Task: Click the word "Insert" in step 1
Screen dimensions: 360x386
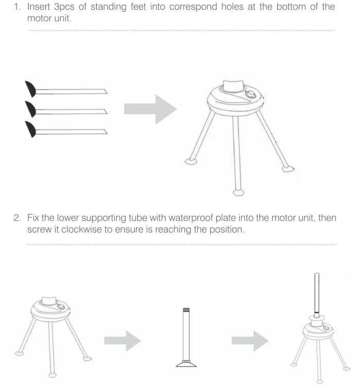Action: pyautogui.click(x=39, y=7)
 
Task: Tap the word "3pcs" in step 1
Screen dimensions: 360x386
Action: pyautogui.click(x=64, y=7)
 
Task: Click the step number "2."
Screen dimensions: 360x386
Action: pyautogui.click(x=17, y=218)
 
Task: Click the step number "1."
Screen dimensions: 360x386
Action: pyautogui.click(x=17, y=7)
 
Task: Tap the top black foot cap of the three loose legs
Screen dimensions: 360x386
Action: pyautogui.click(x=30, y=89)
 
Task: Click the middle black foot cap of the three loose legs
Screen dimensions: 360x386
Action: pyautogui.click(x=30, y=109)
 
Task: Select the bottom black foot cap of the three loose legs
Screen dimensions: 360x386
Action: pyautogui.click(x=30, y=129)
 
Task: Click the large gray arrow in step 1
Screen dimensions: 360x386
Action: pyautogui.click(x=150, y=109)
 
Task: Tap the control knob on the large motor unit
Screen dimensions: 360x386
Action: pyautogui.click(x=251, y=95)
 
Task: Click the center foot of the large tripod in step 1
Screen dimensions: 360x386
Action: pyautogui.click(x=238, y=192)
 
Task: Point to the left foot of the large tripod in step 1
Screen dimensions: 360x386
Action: pyautogui.click(x=191, y=162)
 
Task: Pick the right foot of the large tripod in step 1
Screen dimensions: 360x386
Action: pyautogui.click(x=288, y=169)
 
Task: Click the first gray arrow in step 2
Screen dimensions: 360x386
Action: pyautogui.click(x=122, y=341)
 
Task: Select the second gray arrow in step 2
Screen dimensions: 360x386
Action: pyautogui.click(x=250, y=341)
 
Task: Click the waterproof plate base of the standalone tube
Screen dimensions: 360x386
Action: pyautogui.click(x=186, y=363)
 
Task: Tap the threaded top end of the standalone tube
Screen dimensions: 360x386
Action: pyautogui.click(x=186, y=310)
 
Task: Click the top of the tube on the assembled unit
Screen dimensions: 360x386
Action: pyautogui.click(x=317, y=274)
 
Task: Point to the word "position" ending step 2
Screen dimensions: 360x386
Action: pyautogui.click(x=226, y=230)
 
